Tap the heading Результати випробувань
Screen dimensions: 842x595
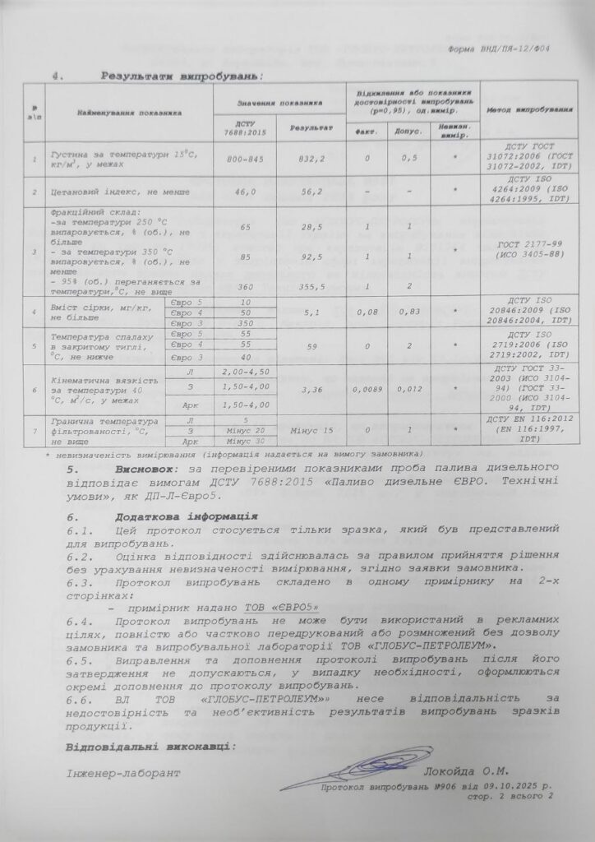[x=181, y=76]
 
